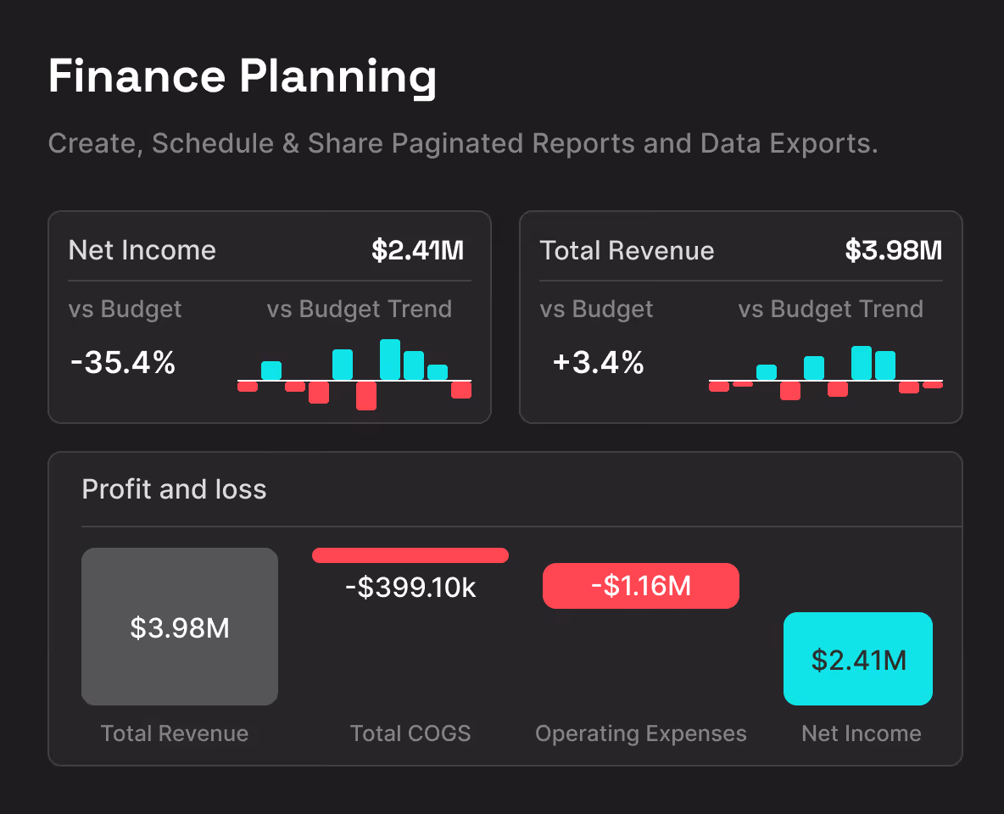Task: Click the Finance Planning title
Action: point(242,77)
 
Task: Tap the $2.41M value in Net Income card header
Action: point(418,250)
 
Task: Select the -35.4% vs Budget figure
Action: point(123,363)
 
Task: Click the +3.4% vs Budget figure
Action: point(599,363)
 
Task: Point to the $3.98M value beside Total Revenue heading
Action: point(894,250)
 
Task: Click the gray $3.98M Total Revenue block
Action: point(180,627)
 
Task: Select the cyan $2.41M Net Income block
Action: point(858,659)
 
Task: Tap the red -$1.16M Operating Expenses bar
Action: point(641,586)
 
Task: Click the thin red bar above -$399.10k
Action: point(410,555)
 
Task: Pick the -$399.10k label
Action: point(410,587)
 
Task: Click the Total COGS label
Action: point(410,733)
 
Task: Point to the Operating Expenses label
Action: point(641,733)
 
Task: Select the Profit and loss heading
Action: point(174,489)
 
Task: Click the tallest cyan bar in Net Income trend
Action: point(390,360)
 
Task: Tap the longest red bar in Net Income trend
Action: point(366,396)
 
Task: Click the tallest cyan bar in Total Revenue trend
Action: point(862,363)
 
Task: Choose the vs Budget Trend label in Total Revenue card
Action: point(830,309)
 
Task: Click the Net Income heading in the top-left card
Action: point(142,250)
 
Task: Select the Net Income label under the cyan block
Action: point(862,733)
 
